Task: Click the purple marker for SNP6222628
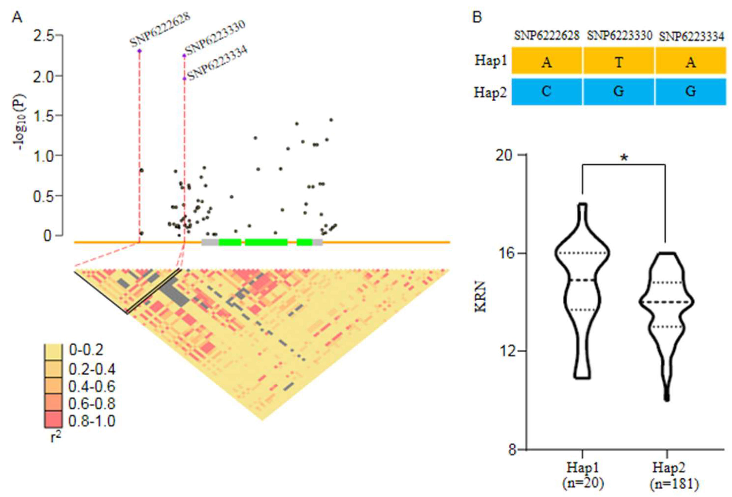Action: point(140,51)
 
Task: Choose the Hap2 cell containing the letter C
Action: point(547,91)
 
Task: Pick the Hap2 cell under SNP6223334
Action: point(690,91)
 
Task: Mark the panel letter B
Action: point(477,17)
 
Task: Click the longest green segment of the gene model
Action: point(266,242)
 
